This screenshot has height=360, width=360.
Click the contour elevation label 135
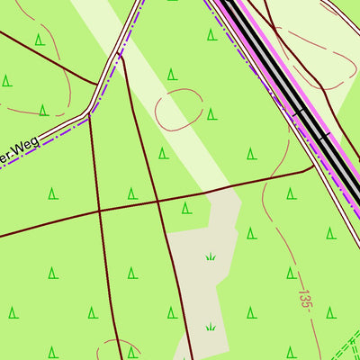[304, 297]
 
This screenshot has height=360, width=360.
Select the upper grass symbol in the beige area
[211, 256]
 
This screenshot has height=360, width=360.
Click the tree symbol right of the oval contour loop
[211, 113]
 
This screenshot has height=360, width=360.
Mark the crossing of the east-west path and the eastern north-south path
[158, 201]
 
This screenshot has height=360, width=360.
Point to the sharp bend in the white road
[89, 113]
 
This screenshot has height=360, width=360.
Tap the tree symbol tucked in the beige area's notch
[186, 208]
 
